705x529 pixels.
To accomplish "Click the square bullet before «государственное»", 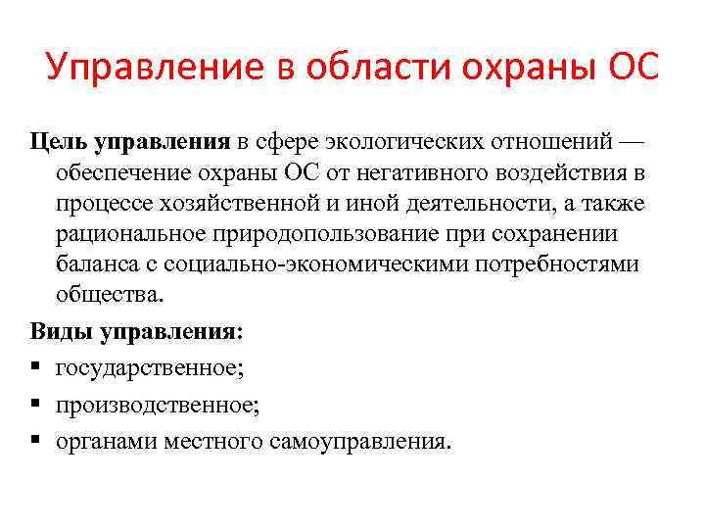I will click(36, 368).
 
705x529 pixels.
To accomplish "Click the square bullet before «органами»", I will click(36, 441).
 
